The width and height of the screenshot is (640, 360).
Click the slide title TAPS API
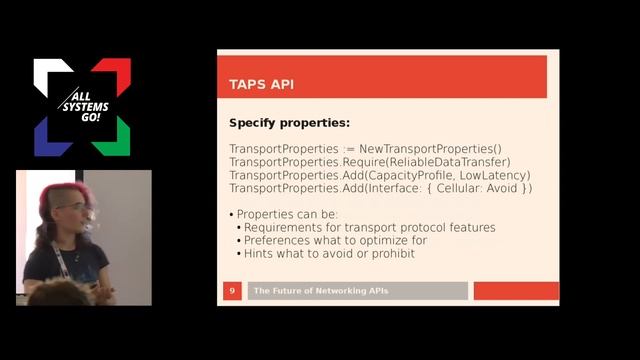pyautogui.click(x=262, y=85)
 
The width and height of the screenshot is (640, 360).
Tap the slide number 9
pyautogui.click(x=232, y=291)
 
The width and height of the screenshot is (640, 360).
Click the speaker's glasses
pyautogui.click(x=72, y=207)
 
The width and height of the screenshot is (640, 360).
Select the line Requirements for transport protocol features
pyautogui.click(x=370, y=227)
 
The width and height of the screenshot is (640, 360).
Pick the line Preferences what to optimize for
pyautogui.click(x=335, y=240)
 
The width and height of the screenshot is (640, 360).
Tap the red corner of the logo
pyautogui.click(x=118, y=70)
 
